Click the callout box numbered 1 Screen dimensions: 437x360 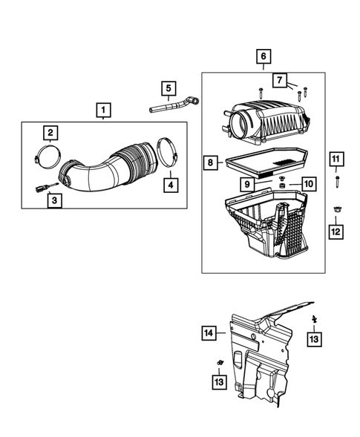103,111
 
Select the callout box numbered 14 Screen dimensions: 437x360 209,333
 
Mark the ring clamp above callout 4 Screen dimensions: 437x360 168,152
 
